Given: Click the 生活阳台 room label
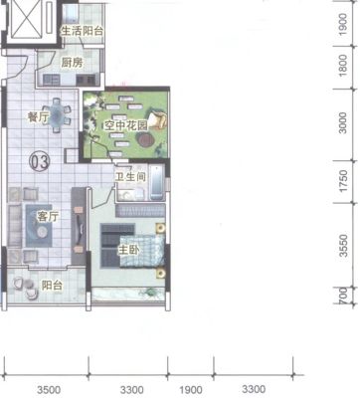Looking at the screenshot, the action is [x=82, y=31].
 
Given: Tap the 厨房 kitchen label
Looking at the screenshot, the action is [x=72, y=63].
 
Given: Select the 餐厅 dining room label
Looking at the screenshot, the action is [x=39, y=116].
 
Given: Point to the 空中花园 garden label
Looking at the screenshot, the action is [x=125, y=125].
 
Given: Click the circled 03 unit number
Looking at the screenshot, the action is [x=40, y=162].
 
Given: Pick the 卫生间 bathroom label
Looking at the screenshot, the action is [x=130, y=176].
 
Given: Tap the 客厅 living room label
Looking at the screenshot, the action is [x=48, y=217].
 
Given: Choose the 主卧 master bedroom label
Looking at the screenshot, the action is [x=129, y=250].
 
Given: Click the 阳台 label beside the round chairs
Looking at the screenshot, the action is [x=52, y=285].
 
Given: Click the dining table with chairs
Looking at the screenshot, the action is [x=58, y=115].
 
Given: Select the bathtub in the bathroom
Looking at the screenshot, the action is [x=156, y=183].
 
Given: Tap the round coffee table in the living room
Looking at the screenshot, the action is [x=42, y=232].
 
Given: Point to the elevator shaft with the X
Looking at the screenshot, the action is [x=27, y=19].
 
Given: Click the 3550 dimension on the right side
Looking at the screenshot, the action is [x=344, y=246].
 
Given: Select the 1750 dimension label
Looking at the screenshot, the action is [x=344, y=181].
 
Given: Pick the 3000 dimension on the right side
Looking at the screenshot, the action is [x=343, y=123].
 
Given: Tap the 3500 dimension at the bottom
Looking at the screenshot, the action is [x=49, y=390].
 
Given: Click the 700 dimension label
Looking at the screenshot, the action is [x=344, y=296].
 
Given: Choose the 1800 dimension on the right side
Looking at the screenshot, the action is [x=343, y=66].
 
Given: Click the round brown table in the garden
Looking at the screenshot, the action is [x=145, y=139].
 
